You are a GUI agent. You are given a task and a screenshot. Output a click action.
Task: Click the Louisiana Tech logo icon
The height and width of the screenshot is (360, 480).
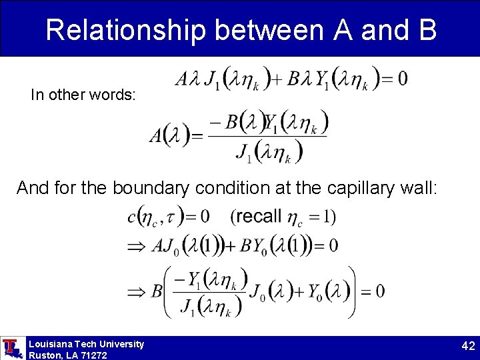(11, 348)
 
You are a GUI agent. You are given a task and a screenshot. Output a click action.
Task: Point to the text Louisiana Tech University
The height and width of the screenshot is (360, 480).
(86, 344)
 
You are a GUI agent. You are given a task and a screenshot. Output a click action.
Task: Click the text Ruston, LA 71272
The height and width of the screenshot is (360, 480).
(68, 355)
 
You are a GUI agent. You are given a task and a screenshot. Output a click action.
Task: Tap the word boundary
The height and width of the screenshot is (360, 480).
(150, 189)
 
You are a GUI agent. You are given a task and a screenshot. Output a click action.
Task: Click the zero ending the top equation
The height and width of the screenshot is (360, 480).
(402, 79)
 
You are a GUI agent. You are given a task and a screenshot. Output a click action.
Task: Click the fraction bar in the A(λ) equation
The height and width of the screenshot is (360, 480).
(267, 137)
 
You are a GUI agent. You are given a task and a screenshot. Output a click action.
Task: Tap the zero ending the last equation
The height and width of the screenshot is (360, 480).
(380, 291)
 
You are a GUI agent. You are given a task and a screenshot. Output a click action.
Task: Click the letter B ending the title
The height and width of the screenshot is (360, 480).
(425, 30)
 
